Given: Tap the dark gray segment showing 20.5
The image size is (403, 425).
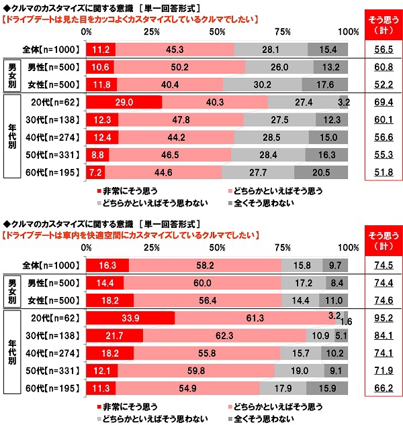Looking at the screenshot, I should click(x=321, y=172).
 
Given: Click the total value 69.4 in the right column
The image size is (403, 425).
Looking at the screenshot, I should click(x=382, y=102).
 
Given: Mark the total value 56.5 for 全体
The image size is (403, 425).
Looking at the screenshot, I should click(x=382, y=49).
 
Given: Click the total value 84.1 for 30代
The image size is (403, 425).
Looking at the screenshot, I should click(x=382, y=334).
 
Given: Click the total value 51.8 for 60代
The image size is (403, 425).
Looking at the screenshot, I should click(x=382, y=172).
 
